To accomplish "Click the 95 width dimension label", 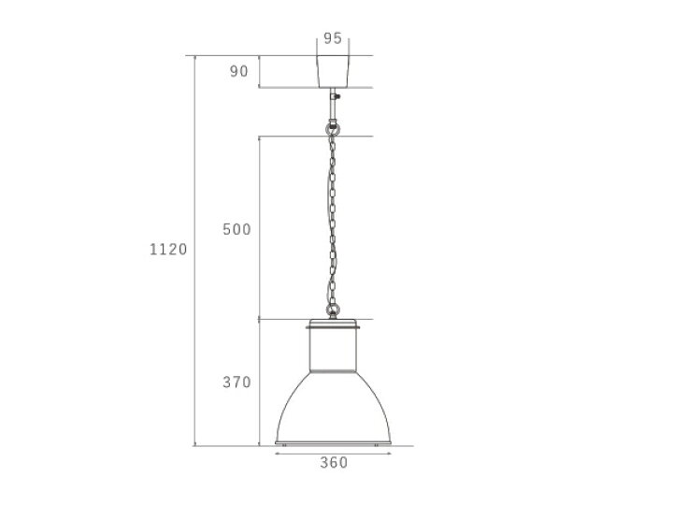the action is tap(333, 38).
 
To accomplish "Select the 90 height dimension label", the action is tap(239, 71).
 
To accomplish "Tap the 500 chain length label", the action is tap(236, 229).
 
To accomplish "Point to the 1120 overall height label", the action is tap(168, 250).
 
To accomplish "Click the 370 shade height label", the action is tap(236, 382).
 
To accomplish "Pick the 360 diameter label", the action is tap(334, 463).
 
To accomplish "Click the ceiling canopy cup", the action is tap(333, 71).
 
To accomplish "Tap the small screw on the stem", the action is tap(337, 96).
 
